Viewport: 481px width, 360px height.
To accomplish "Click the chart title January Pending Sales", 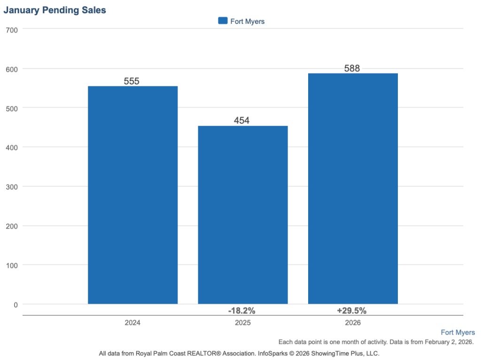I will (x=55, y=10).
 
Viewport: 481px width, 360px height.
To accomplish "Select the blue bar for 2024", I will (x=133, y=195).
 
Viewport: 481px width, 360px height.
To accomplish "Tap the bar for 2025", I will (x=243, y=214).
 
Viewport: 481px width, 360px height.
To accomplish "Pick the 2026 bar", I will (x=353, y=188).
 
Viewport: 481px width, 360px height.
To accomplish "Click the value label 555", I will (x=132, y=81).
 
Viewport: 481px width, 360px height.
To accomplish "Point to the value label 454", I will (x=241, y=121).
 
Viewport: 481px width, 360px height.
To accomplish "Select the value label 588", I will (x=352, y=69).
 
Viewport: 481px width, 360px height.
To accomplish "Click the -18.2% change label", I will (x=241, y=311).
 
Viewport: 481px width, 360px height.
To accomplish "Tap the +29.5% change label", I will (x=352, y=311).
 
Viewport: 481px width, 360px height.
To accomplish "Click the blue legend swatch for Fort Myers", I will (x=223, y=21).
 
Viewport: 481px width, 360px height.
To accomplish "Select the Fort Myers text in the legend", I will (x=248, y=22).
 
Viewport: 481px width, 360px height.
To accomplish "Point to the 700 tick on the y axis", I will (x=12, y=30).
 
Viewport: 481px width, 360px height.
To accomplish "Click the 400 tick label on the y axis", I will (x=12, y=147).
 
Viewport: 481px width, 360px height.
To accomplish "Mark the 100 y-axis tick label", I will (x=12, y=265).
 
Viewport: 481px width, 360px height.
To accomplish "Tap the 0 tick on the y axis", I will (x=16, y=305).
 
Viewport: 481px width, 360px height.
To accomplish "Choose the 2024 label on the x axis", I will (x=133, y=323).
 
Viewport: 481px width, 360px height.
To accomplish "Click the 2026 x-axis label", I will (x=353, y=323).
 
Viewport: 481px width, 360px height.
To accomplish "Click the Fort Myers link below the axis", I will (x=458, y=332).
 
